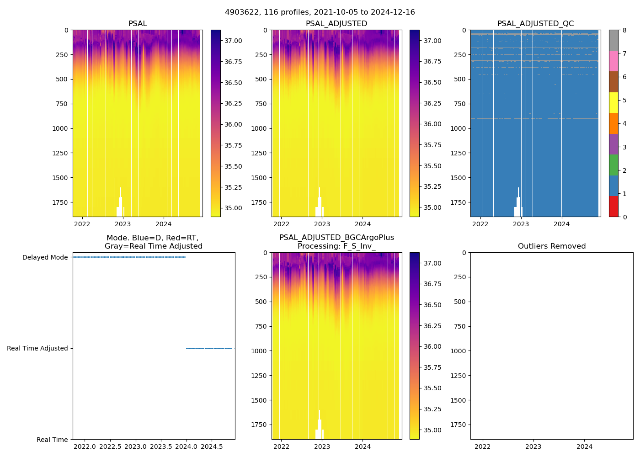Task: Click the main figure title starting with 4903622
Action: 320,12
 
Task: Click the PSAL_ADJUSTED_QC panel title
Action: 535,24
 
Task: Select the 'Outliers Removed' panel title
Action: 551,246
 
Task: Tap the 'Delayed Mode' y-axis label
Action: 45,257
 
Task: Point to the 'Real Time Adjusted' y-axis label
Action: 37,348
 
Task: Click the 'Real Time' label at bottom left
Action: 52,440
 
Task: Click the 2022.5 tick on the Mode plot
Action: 110,446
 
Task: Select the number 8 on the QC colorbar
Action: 624,30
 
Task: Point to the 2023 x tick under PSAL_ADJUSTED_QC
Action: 521,224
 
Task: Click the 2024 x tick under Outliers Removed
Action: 584,446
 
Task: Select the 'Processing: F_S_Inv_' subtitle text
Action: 336,246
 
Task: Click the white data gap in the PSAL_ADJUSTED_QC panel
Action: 518,206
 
